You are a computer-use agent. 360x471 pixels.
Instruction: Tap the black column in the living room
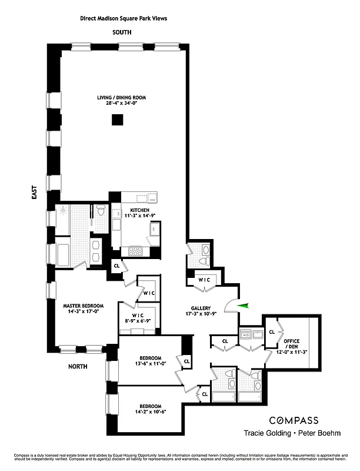tap(118, 120)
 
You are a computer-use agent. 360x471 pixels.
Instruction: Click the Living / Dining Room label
tap(122, 101)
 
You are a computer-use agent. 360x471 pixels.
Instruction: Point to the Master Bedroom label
tap(84, 309)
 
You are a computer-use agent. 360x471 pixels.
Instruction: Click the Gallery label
tap(201, 311)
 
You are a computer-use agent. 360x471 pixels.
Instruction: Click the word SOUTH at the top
tap(122, 32)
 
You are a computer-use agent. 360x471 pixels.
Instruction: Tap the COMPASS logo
tap(294, 420)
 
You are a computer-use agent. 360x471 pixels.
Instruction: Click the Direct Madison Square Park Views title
tap(124, 18)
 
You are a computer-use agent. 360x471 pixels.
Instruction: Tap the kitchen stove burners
tap(136, 250)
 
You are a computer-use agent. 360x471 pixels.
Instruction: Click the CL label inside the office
tap(271, 332)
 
